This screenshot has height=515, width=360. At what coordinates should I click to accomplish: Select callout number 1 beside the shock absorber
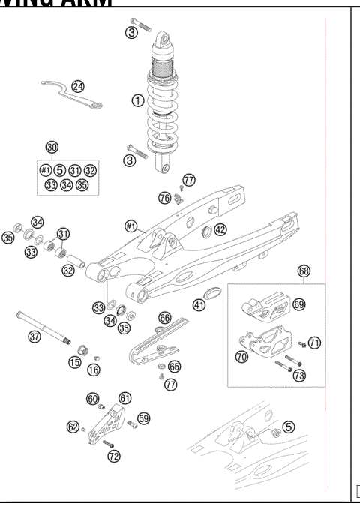click(136, 99)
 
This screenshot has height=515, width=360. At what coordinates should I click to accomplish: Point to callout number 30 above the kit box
click(52, 147)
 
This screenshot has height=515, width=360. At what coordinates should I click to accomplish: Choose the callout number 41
click(199, 305)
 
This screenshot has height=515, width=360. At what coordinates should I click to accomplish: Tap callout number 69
click(298, 304)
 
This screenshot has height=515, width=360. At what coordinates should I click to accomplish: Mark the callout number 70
click(242, 358)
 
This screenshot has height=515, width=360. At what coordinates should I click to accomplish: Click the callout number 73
click(299, 375)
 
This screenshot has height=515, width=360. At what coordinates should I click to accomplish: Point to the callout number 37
click(34, 337)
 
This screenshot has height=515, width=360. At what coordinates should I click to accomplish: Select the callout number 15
click(75, 363)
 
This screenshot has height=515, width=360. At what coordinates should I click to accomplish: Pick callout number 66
click(165, 318)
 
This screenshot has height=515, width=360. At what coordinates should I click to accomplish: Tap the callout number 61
click(124, 398)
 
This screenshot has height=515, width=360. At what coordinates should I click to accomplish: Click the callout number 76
click(164, 197)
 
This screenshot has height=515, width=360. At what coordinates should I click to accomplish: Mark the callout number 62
click(73, 427)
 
